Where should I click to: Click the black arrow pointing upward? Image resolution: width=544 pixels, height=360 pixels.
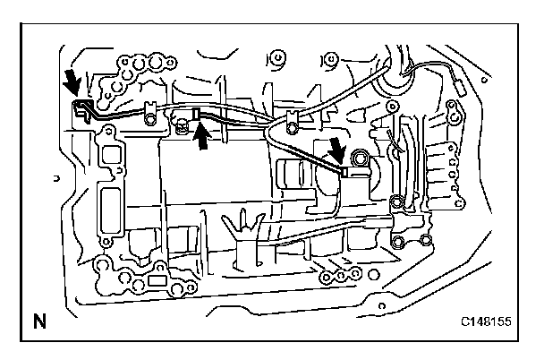(x=203, y=137)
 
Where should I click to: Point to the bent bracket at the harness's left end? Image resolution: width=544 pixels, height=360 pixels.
(x=81, y=109)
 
